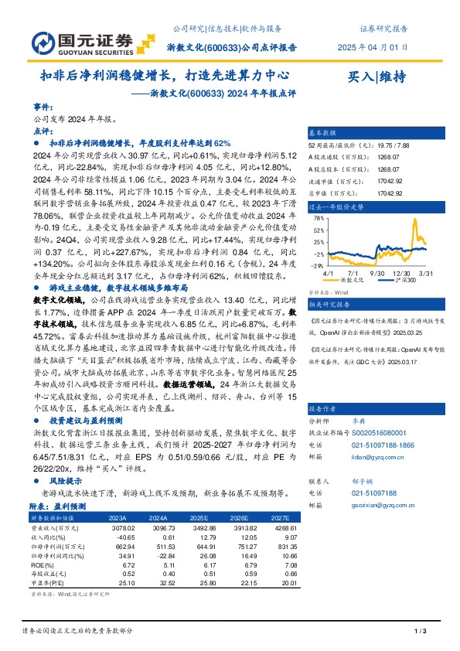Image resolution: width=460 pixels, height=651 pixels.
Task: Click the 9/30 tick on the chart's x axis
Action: coord(377,273)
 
